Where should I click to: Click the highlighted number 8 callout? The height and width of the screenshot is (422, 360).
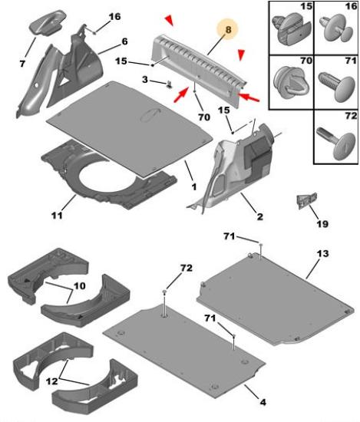(x=228, y=29)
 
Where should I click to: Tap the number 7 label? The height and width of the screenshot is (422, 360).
(x=22, y=64)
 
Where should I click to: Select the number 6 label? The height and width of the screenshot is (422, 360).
(x=124, y=41)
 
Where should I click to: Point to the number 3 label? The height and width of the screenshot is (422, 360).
(x=145, y=80)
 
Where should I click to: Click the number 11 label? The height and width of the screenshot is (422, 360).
(x=57, y=215)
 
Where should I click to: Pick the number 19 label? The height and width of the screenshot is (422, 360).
(x=323, y=223)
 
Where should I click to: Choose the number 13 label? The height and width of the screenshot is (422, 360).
(x=323, y=253)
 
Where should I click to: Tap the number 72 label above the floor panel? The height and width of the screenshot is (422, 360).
(x=187, y=268)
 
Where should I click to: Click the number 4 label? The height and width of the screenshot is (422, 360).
(x=263, y=402)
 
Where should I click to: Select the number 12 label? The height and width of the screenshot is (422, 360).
(x=51, y=381)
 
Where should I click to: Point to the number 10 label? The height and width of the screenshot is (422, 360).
(x=79, y=285)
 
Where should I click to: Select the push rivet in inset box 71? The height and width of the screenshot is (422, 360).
(x=336, y=86)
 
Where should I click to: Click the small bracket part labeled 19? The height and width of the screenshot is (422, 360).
(x=306, y=200)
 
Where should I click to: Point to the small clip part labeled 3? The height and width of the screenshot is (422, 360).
(x=169, y=84)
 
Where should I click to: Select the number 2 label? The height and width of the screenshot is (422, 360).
(x=260, y=216)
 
